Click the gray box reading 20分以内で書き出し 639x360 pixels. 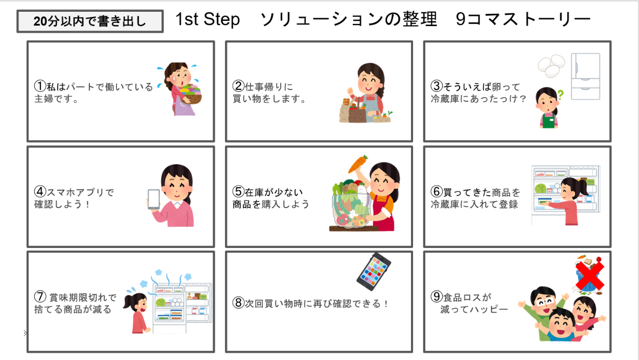90,21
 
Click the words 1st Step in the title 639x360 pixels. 208,19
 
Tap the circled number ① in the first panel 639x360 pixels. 40,86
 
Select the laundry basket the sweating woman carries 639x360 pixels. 191,94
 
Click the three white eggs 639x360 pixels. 551,66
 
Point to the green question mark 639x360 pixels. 560,95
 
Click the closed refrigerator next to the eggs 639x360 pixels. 585,77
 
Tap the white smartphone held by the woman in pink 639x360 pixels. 153,199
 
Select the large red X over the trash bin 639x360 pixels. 589,276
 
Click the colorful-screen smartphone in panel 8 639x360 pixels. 374,272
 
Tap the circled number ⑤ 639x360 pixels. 238,191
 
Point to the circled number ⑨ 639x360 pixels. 437,297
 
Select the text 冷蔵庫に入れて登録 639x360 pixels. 474,204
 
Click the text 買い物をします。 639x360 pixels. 269,99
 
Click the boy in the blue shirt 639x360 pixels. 561,326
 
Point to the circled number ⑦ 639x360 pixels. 40,297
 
